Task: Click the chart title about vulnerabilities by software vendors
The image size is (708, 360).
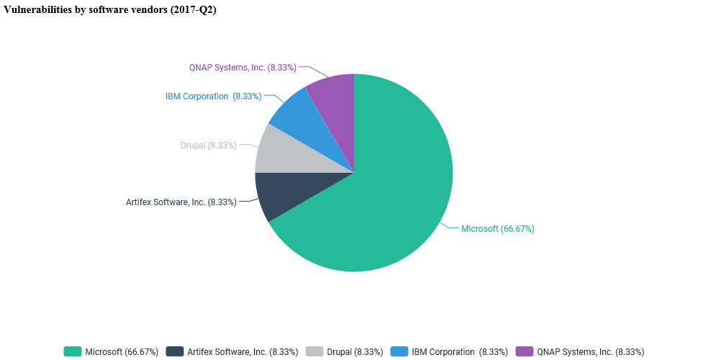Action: click(110, 9)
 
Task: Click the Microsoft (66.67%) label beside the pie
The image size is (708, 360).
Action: click(497, 229)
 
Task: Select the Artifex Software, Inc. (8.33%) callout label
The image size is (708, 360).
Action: click(181, 202)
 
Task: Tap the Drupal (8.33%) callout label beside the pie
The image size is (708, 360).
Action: click(209, 145)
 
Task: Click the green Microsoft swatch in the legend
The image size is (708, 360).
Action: click(73, 351)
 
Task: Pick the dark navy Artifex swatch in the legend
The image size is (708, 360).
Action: click(175, 351)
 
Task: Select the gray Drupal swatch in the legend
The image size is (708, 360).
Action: click(314, 351)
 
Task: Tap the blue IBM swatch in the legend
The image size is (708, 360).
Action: click(399, 351)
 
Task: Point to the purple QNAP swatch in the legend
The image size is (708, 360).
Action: click(525, 351)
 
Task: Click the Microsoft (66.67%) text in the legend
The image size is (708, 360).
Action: click(122, 352)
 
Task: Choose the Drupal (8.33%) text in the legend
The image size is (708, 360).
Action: click(355, 352)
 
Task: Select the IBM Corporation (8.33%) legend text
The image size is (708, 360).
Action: click(460, 352)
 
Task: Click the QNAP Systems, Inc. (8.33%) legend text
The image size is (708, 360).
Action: click(590, 352)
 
